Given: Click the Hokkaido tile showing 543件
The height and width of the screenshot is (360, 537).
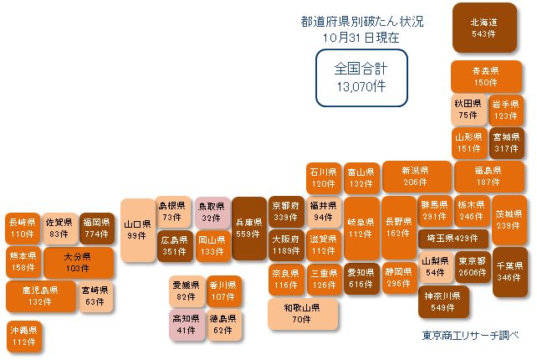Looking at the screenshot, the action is coord(484,28).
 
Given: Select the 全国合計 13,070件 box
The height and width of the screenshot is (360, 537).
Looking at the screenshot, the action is coord(361,78).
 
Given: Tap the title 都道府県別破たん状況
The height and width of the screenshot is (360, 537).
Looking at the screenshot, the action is coord(362,22).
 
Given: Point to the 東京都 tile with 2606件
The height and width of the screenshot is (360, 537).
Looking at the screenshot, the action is coord(473,267).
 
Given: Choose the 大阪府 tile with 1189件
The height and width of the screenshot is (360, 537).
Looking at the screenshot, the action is coord(286,245).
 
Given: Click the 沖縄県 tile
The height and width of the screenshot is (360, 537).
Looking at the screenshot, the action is coord(23,336).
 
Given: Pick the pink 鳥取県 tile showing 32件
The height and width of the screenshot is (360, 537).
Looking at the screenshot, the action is coord(212,213).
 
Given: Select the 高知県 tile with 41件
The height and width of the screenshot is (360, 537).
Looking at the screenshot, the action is coord(187,324).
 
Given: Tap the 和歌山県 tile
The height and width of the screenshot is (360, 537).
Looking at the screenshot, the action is coord(303,314).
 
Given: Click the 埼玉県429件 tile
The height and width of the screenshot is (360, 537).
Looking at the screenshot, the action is coord(453,239).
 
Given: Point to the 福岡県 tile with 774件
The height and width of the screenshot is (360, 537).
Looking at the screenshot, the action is coord(96,229).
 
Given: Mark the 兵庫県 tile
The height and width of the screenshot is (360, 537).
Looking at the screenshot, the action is coord(249,229).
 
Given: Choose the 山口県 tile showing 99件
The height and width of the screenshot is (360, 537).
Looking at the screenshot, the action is coord(138,230).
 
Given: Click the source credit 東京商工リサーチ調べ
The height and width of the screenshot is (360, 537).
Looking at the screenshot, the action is coord(470,336).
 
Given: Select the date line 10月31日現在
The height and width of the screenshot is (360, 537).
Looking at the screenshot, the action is coord(361,38).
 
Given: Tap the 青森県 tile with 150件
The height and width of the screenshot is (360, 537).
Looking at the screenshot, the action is coord(486,76).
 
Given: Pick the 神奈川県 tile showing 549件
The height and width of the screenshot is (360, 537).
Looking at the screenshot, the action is coord(443,301).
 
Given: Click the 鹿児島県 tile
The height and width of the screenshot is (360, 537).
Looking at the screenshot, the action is coord(41,296).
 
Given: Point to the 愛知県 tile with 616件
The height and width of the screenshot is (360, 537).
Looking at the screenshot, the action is coord(361,279).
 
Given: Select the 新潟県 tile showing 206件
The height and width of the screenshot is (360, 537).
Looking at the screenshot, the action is coord(417,176).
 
